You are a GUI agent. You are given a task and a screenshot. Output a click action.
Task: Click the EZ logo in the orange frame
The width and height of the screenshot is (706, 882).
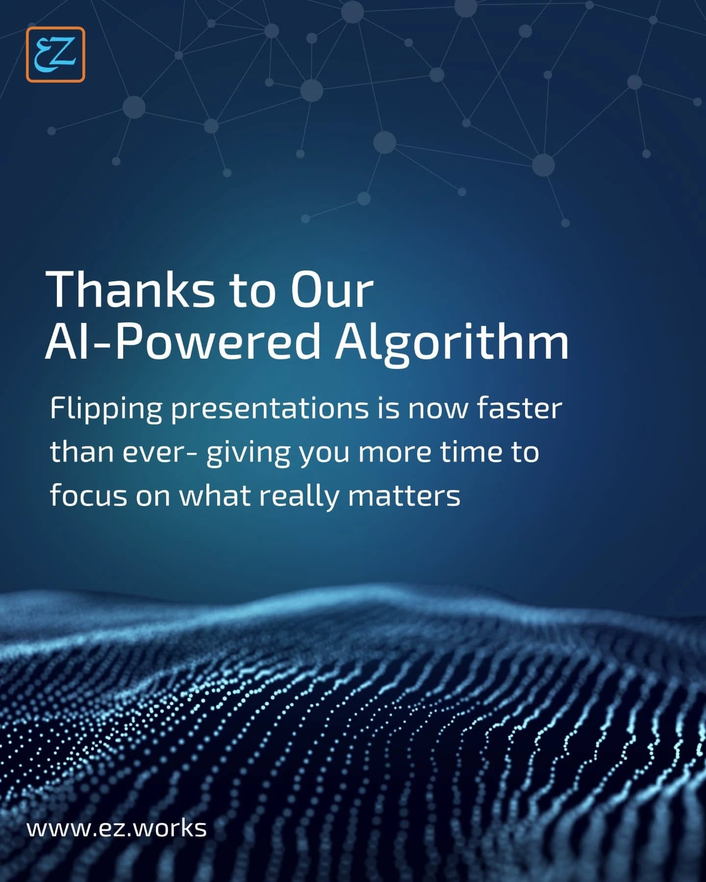pos(55,54)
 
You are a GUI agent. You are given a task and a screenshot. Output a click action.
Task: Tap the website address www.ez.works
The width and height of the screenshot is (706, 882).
pos(116,828)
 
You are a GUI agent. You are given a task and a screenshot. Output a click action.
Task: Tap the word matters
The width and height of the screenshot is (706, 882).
pos(404,496)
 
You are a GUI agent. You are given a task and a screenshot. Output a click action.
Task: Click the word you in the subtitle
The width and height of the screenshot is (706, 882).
pos(325,455)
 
